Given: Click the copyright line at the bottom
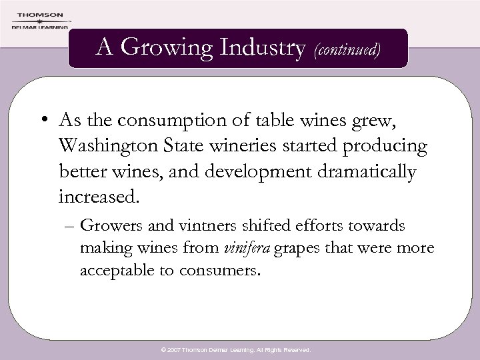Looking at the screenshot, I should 240,349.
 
